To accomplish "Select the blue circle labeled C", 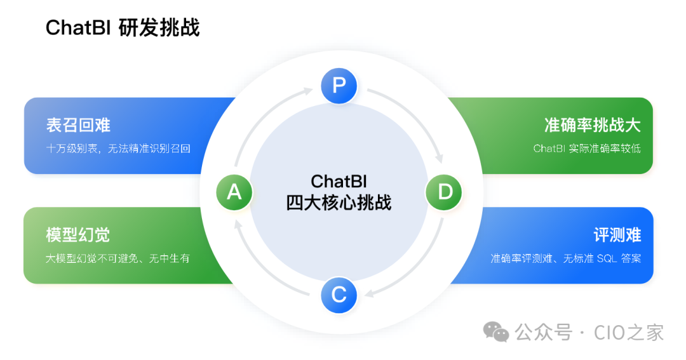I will pos(339,295).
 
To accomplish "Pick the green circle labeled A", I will pos(234,191).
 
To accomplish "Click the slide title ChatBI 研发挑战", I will pos(123,28).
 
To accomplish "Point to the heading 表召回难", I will pos(78,124).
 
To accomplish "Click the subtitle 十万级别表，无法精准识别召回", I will pos(118,149).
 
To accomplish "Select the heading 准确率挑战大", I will pos(593,124).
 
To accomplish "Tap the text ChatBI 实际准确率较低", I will pos(587,149).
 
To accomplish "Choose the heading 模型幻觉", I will pos(78,235).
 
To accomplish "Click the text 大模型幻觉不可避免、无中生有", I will pos(118,259).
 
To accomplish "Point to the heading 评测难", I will pos(617,235).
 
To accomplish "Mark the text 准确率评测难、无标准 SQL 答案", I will pos(566,259).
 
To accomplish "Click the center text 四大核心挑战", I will pos(339,203).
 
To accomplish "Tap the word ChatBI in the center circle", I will pos(339,181).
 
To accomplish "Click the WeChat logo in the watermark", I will pos(496,331).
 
